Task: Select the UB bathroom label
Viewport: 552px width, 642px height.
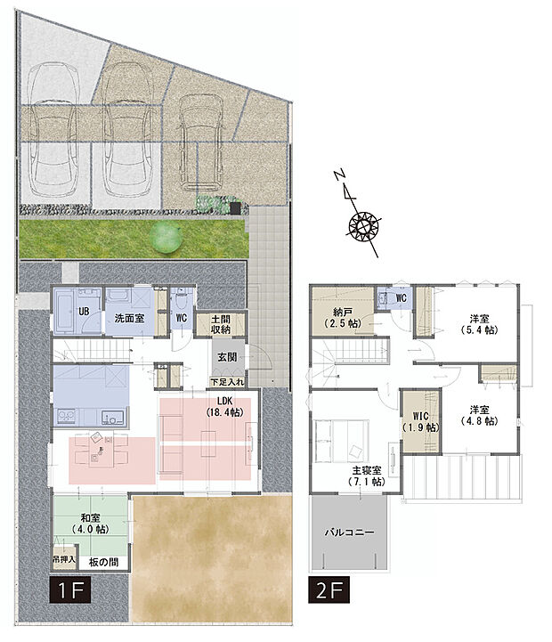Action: tap(83, 312)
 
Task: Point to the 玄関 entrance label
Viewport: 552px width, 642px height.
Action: tap(226, 356)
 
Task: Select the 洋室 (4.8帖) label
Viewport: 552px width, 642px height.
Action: tap(480, 416)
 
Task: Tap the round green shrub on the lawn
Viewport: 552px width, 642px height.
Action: tap(165, 237)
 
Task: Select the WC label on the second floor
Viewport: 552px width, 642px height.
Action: tap(401, 297)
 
